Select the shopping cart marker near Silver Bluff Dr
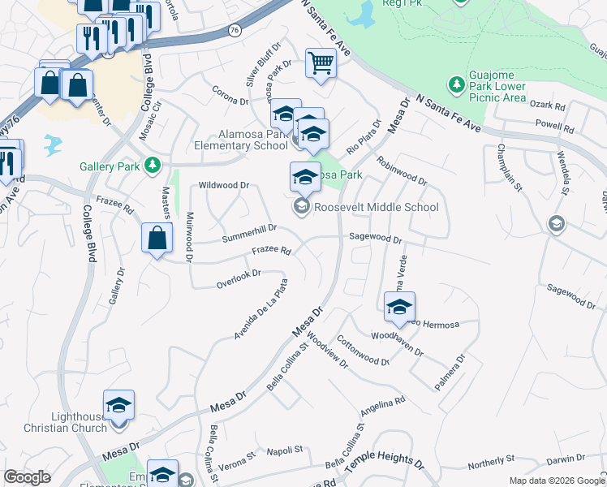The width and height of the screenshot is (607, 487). [x=321, y=63]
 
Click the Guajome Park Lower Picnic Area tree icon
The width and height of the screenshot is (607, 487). [x=456, y=84]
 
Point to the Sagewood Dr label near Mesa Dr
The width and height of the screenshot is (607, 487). [x=376, y=239]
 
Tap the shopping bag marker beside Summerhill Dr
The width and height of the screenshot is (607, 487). [x=157, y=239]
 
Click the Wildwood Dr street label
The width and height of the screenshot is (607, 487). [x=224, y=185]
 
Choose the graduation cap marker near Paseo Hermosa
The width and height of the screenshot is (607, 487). [x=399, y=307]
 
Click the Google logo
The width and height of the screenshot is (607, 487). [x=27, y=477]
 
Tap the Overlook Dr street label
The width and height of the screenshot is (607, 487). [x=239, y=278]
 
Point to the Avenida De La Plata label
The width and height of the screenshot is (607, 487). [x=261, y=309]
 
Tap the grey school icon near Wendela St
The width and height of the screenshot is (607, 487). [x=556, y=223]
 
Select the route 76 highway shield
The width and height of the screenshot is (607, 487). [x=234, y=30]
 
